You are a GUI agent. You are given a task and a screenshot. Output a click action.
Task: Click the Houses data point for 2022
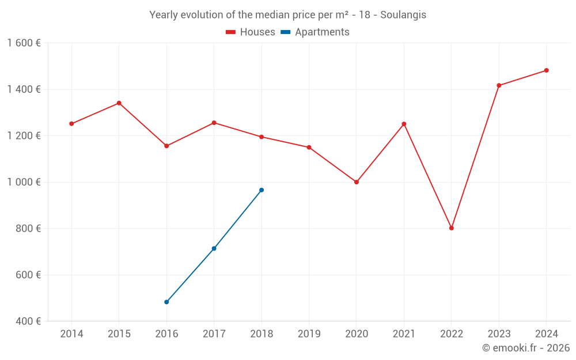[452, 228]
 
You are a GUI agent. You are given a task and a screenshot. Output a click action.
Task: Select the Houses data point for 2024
[547, 70]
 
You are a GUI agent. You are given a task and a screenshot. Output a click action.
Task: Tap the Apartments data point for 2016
[166, 302]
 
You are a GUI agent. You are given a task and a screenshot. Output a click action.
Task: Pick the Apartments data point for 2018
[262, 190]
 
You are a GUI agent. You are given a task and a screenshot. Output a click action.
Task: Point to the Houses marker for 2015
[119, 103]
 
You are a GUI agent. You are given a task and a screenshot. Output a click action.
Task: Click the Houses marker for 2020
[357, 182]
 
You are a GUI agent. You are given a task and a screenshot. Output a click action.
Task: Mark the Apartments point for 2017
[214, 248]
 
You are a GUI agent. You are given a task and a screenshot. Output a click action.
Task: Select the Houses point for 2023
[499, 86]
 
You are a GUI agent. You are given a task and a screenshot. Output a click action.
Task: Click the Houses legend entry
[251, 32]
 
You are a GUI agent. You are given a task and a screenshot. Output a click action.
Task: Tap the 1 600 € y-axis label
[24, 43]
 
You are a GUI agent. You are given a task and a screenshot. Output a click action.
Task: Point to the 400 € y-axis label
[28, 321]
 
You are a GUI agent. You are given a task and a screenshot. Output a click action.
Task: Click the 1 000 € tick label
[24, 182]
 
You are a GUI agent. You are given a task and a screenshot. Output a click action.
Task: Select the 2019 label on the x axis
[309, 334]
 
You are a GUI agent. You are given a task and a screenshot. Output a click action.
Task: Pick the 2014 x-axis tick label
[71, 334]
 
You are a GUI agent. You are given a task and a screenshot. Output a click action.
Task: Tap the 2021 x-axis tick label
[404, 334]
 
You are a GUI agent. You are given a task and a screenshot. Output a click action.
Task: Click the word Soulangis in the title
[403, 15]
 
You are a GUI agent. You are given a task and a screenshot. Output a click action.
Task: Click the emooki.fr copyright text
[526, 348]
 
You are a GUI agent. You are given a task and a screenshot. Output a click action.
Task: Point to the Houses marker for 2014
[71, 124]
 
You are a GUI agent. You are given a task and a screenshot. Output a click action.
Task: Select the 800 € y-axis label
[28, 229]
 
